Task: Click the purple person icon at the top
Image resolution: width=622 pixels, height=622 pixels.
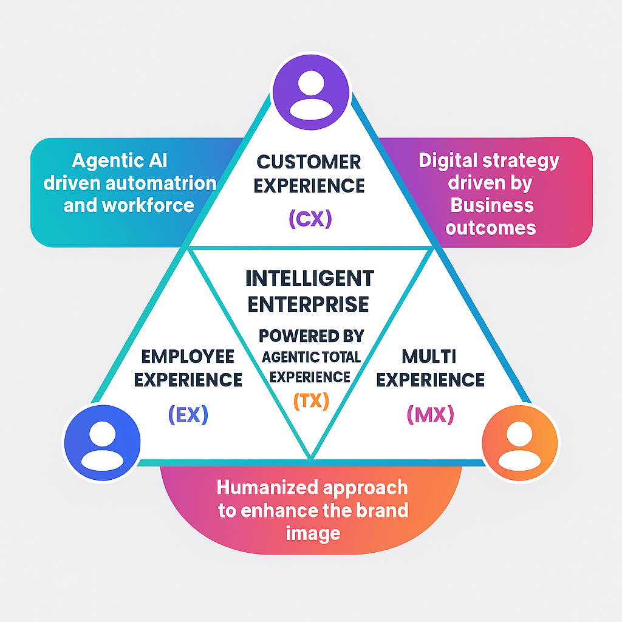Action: tap(310, 91)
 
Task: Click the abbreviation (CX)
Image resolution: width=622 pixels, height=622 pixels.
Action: tap(310, 218)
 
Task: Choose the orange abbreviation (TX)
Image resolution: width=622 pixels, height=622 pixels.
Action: tap(310, 400)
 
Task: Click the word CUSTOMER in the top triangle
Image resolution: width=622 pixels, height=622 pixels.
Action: tap(309, 162)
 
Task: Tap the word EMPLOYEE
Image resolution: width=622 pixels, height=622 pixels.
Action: tap(188, 356)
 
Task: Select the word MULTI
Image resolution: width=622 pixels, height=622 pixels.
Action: tap(430, 356)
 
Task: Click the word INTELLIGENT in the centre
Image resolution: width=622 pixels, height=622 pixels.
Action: tap(310, 279)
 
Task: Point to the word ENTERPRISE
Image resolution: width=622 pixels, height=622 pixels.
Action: tap(310, 303)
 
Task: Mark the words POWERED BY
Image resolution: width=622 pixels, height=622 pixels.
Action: tap(311, 335)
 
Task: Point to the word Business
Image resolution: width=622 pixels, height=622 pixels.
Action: tap(491, 205)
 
